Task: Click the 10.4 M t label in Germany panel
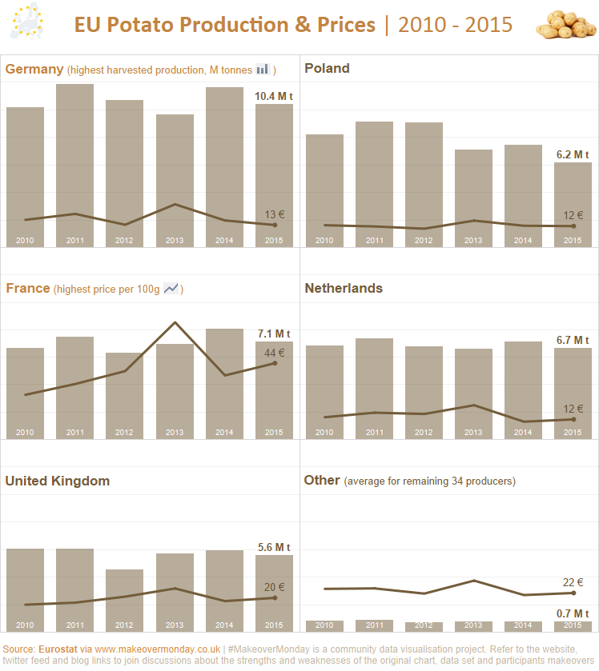(x=274, y=97)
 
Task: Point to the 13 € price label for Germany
(x=275, y=214)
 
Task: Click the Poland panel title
(x=327, y=69)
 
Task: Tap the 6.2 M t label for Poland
(x=573, y=154)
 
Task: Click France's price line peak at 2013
(x=175, y=322)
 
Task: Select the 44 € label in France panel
(x=275, y=352)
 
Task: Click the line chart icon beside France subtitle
(x=171, y=289)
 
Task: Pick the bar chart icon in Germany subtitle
(x=262, y=70)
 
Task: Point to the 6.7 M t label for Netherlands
(x=573, y=340)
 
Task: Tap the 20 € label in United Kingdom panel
(x=275, y=587)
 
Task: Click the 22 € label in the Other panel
(x=573, y=582)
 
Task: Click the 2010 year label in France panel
(x=25, y=433)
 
